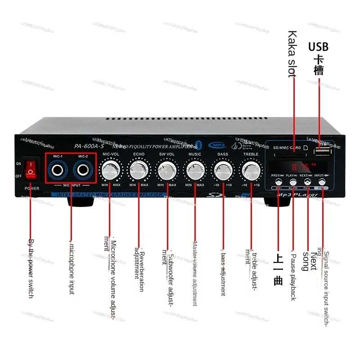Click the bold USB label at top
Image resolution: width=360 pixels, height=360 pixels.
(x=318, y=47)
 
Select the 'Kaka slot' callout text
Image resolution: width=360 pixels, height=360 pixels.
(x=292, y=54)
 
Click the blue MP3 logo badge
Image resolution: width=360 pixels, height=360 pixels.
(x=219, y=145)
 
